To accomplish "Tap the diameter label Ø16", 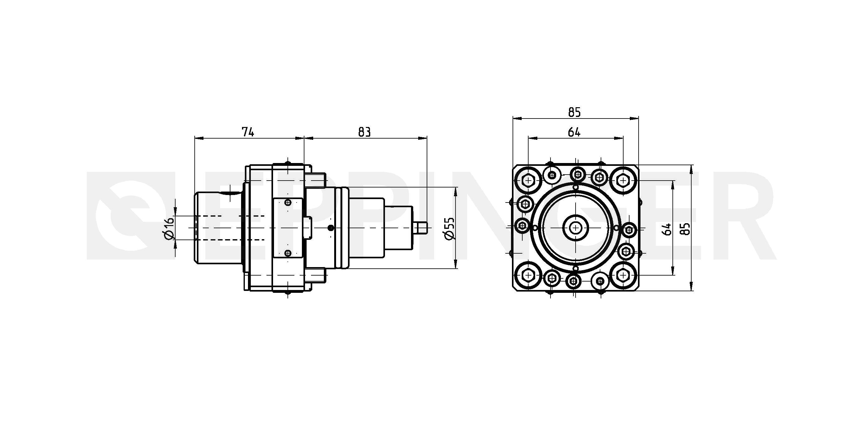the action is [x=169, y=228].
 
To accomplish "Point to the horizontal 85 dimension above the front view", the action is [x=575, y=112].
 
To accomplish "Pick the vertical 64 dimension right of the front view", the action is [x=667, y=229].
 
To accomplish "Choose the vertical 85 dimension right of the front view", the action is [x=686, y=229].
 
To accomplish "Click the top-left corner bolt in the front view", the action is [x=529, y=181].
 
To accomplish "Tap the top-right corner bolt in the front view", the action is [x=623, y=181].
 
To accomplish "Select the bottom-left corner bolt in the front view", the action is [x=529, y=275].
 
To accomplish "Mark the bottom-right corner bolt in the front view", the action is [x=623, y=275].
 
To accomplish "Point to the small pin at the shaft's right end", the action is [x=421, y=228].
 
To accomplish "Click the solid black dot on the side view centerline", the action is [x=331, y=228].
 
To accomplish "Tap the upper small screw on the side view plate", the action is [x=288, y=202].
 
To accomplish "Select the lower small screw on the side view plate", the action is [x=288, y=253].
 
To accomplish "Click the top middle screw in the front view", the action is [x=577, y=174].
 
